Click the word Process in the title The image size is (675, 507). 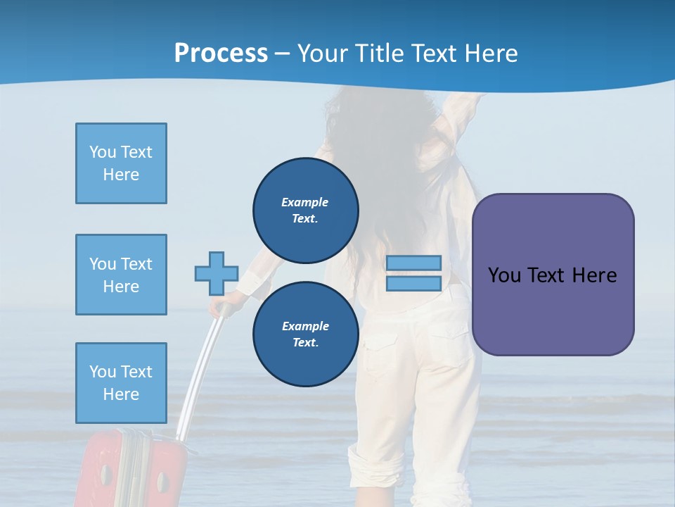[221, 54]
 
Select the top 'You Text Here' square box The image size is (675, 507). [121, 163]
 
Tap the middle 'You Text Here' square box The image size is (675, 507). [121, 275]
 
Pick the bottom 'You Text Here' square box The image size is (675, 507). [121, 382]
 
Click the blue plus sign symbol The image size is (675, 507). [217, 273]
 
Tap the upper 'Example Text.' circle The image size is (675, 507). [305, 210]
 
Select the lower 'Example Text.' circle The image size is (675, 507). [305, 334]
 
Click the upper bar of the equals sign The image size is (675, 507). [413, 263]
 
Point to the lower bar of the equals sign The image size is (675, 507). [413, 283]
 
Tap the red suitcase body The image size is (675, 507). [134, 472]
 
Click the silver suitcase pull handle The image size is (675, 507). [200, 373]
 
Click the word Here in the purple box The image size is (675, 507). [594, 275]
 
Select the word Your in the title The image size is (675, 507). [323, 54]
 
